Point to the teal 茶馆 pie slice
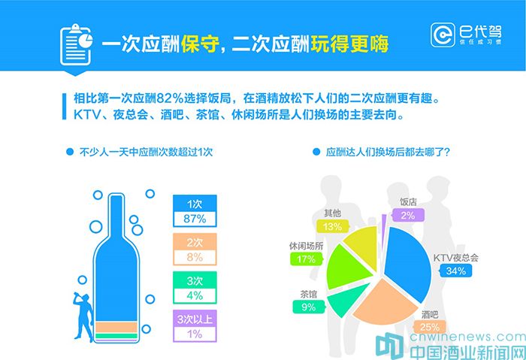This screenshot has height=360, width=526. pyautogui.click(x=346, y=299)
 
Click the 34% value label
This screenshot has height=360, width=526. pyautogui.click(x=456, y=271)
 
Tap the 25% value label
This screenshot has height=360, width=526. pyautogui.click(x=430, y=327)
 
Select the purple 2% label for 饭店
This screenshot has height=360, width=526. pyautogui.click(x=408, y=215)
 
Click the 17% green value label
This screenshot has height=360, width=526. pyautogui.click(x=306, y=259)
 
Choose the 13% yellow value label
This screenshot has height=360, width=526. pyautogui.click(x=332, y=226)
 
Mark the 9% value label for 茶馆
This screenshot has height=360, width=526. pyautogui.click(x=309, y=307)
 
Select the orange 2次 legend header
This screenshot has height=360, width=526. pyautogui.click(x=195, y=242)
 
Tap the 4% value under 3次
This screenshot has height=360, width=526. pyautogui.click(x=195, y=295)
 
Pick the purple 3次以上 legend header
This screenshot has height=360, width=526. pyautogui.click(x=195, y=319)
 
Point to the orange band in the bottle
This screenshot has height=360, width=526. pyautogui.click(x=116, y=327)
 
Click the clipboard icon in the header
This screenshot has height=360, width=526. pyautogui.click(x=76, y=44)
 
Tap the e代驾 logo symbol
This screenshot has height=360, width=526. pyautogui.click(x=443, y=35)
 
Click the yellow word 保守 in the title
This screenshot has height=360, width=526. pyautogui.click(x=201, y=44)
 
